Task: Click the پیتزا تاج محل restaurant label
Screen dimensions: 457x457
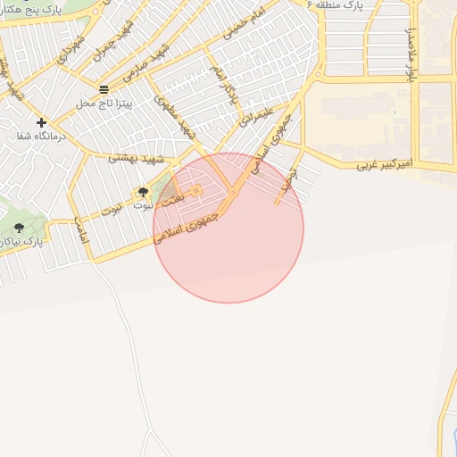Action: click(104, 104)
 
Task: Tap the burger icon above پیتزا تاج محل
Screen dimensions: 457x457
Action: click(104, 89)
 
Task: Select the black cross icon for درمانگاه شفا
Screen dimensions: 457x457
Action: click(41, 122)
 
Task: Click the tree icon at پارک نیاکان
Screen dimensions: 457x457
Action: click(19, 228)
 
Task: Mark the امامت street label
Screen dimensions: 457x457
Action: click(80, 229)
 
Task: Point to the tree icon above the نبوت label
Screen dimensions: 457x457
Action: click(143, 192)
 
